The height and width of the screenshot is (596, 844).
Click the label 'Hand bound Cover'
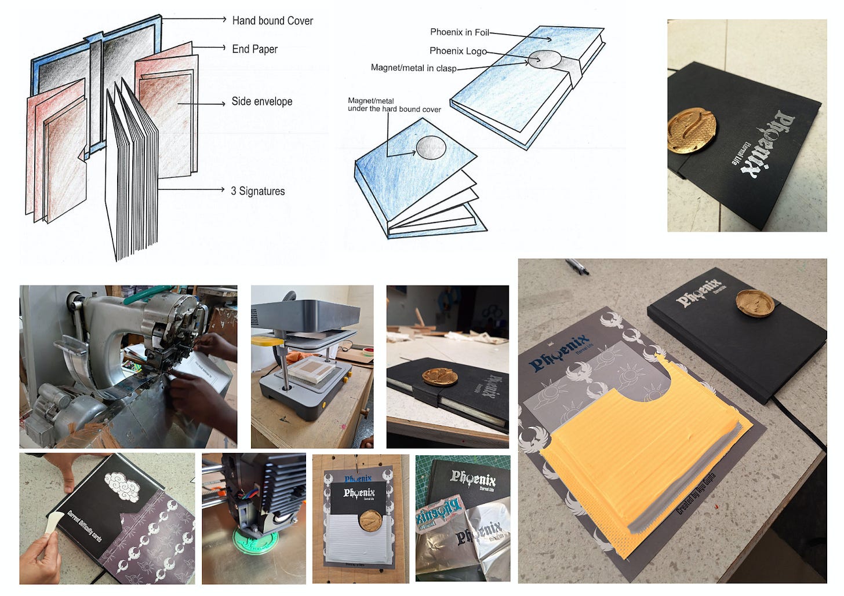(272, 21)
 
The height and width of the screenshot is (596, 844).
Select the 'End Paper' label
(254, 49)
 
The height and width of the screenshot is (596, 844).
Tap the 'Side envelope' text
(261, 101)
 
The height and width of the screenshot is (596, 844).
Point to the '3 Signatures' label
(257, 191)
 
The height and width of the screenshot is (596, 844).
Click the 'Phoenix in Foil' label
(459, 32)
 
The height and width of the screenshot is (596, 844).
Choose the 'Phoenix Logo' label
(457, 51)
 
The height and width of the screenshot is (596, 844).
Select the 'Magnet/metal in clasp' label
(413, 68)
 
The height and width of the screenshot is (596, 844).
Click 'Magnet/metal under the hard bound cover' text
(394, 105)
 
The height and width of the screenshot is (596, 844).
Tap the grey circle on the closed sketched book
(544, 58)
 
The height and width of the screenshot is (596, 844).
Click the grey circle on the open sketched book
(431, 147)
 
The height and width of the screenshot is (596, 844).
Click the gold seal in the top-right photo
(692, 130)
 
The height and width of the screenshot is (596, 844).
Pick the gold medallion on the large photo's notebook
(755, 303)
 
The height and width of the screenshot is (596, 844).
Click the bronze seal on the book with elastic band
(439, 376)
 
